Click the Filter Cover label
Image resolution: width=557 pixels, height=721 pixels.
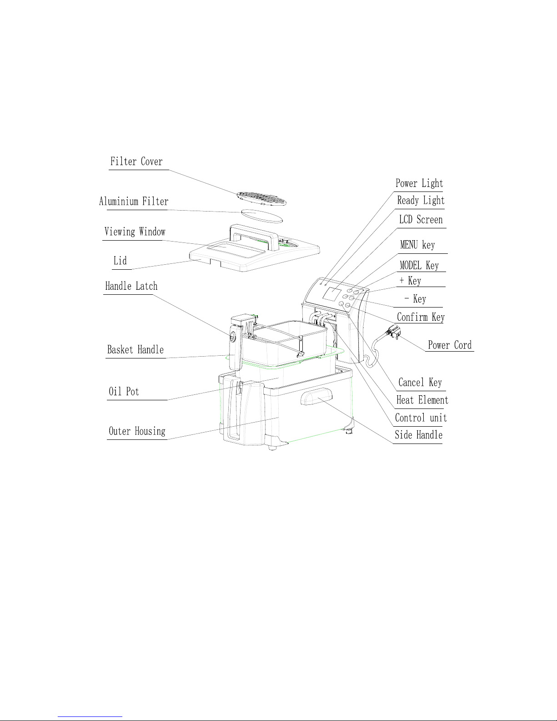click(136, 161)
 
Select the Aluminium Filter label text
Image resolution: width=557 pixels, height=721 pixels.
click(134, 202)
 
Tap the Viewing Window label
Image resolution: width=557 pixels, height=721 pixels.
click(135, 232)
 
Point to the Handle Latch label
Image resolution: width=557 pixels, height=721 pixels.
click(131, 286)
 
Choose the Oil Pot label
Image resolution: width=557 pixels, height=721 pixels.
click(124, 392)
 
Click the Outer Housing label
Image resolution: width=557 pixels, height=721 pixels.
click(137, 431)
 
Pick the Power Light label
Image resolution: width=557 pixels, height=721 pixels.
click(419, 183)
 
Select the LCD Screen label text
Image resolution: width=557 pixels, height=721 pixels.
click(421, 220)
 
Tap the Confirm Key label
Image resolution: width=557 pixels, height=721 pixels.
click(421, 317)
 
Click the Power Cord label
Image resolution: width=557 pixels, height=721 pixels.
click(450, 345)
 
